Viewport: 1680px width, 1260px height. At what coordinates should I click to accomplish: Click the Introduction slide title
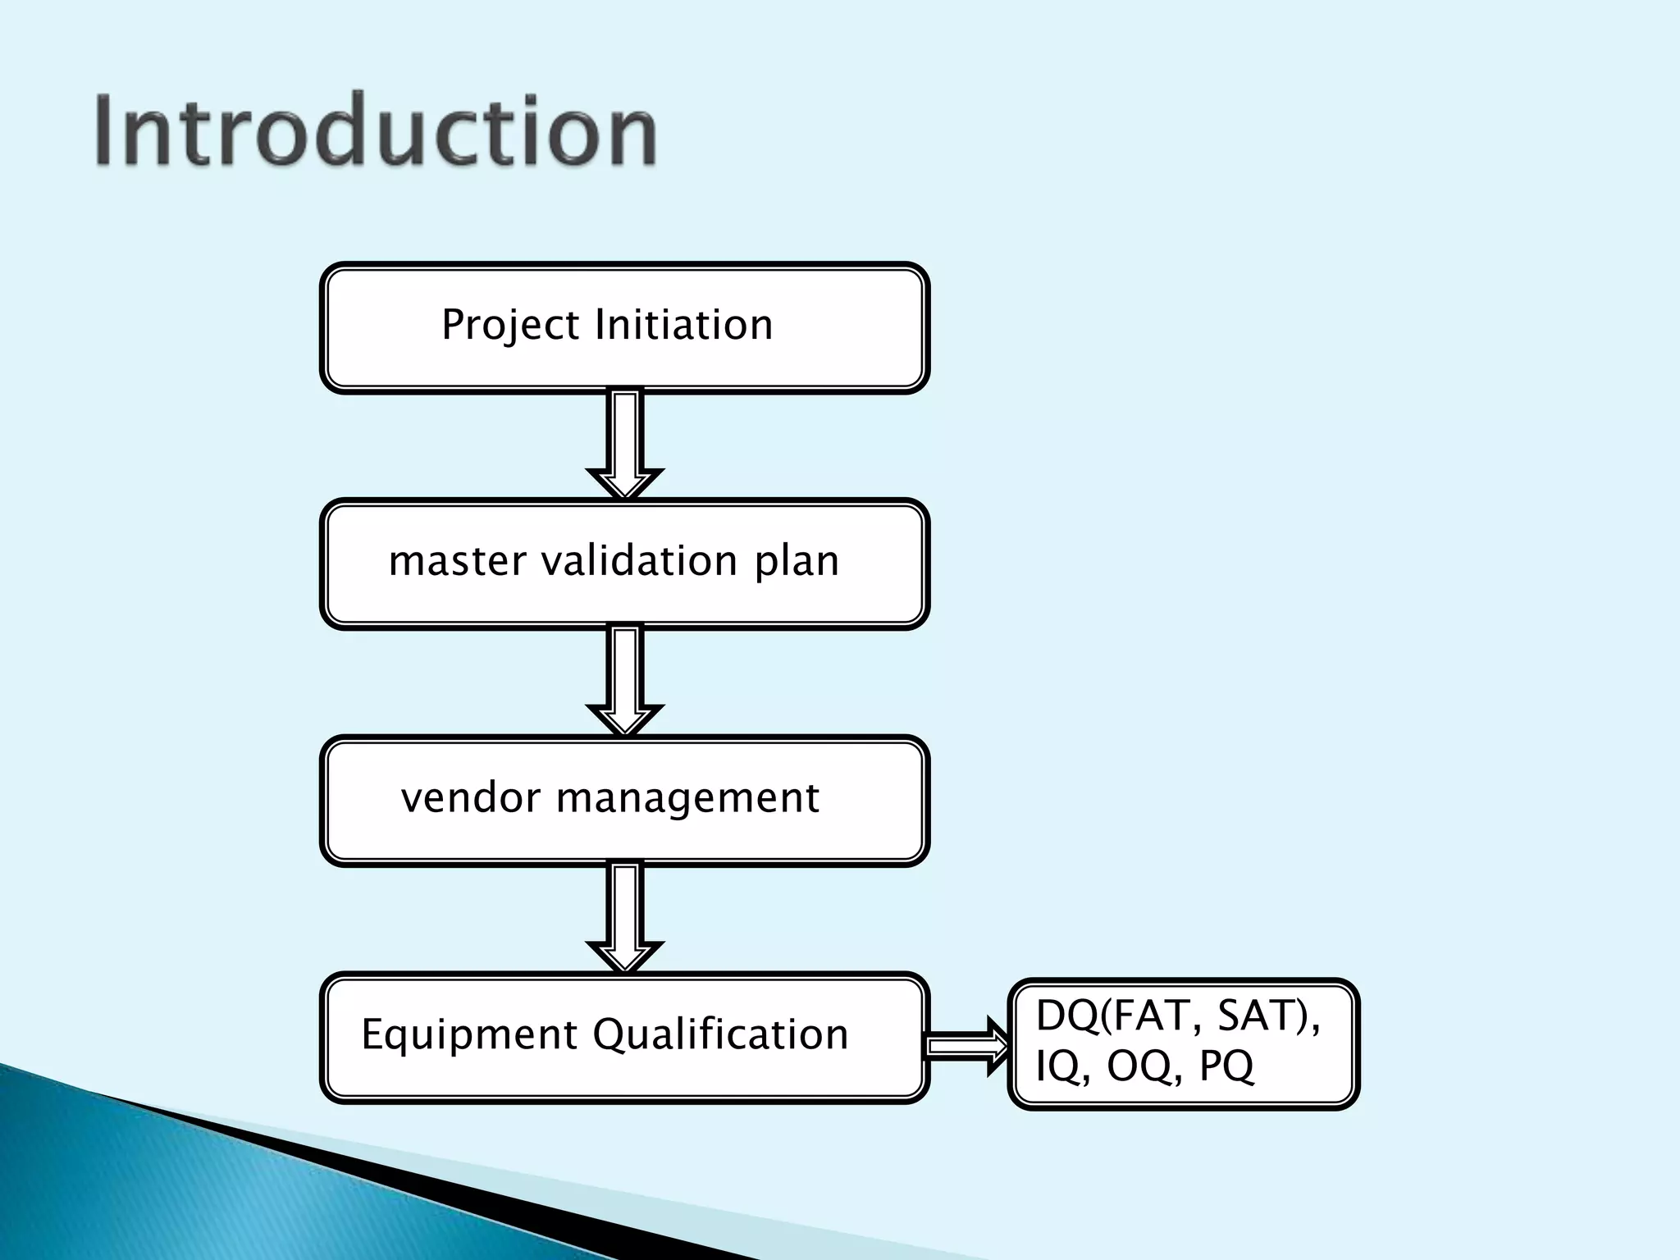pos(376,131)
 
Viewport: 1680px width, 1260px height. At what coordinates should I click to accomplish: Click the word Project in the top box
pos(510,326)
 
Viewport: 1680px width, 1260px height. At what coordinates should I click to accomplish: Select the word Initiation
pos(683,324)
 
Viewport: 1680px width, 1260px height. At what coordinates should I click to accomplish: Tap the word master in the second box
pos(457,562)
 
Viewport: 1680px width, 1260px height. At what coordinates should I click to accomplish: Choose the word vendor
pos(470,798)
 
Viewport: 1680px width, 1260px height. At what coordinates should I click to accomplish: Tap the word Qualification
pos(719,1034)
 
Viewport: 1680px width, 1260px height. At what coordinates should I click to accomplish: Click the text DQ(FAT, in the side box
pos(1121,1016)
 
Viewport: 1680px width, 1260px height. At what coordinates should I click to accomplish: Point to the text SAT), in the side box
pos(1269,1016)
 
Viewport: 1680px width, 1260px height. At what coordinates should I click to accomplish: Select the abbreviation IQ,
pos(1063,1067)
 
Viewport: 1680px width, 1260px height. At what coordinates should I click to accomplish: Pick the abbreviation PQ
pos(1226,1067)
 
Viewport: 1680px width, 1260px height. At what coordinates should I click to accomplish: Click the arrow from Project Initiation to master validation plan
pos(625,443)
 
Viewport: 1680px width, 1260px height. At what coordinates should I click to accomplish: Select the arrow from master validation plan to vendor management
pos(625,679)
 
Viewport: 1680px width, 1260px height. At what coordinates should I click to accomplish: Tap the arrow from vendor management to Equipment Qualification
pos(625,916)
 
